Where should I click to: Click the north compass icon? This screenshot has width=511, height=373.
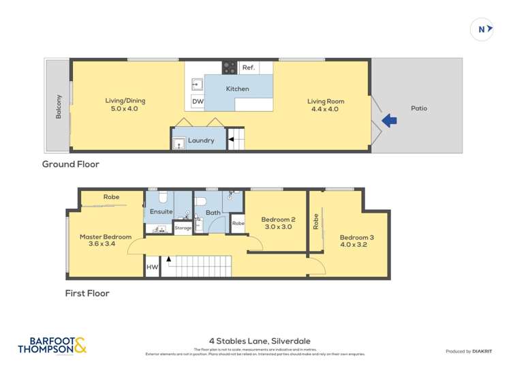[x=482, y=29]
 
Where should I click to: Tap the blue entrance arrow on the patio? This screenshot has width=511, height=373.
[x=389, y=121]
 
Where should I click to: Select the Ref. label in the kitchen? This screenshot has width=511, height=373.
[x=248, y=68]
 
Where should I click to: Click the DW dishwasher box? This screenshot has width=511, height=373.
[x=198, y=102]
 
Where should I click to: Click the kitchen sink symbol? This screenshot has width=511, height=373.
[x=196, y=85]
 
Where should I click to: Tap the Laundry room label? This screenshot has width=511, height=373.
[x=201, y=140]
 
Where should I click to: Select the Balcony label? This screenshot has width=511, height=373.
[x=59, y=106]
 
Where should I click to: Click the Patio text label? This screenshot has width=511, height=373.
[x=419, y=108]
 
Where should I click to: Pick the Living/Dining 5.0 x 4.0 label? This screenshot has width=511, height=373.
[x=125, y=104]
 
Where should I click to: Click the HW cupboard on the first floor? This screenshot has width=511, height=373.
[x=151, y=268]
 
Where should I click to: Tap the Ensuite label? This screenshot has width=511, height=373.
[x=161, y=212]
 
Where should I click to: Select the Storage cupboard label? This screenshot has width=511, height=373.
[x=183, y=228]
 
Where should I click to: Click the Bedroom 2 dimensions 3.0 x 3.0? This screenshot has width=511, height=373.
[x=277, y=227]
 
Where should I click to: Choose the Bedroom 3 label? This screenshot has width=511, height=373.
[x=356, y=237]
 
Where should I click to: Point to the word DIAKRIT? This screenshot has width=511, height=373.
[x=483, y=351]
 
